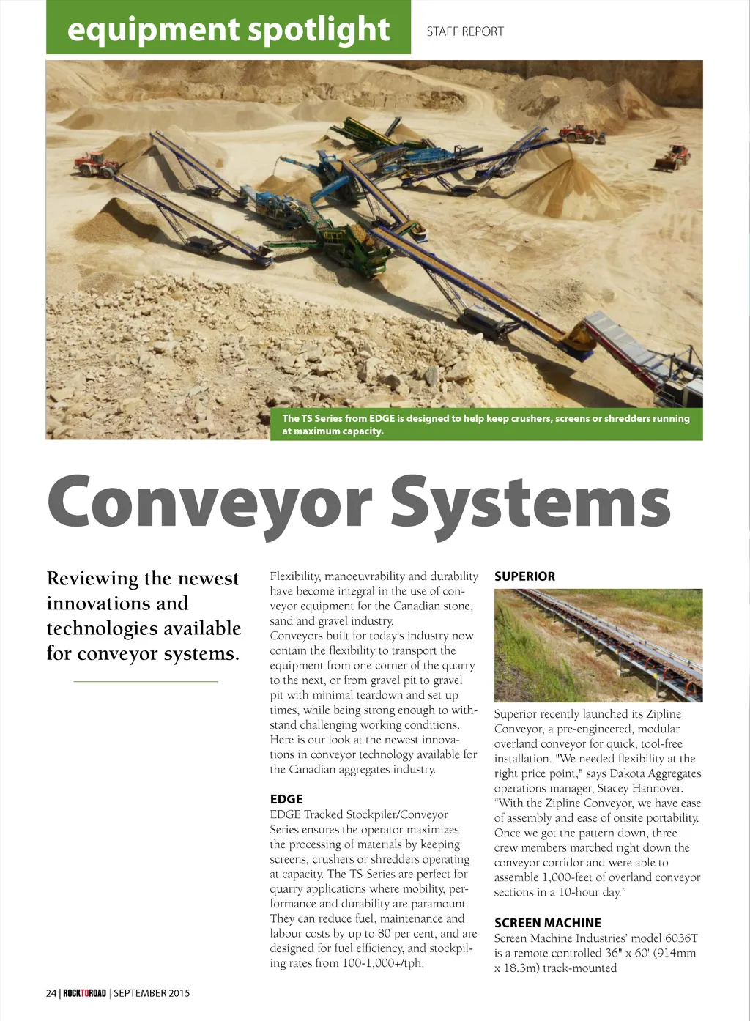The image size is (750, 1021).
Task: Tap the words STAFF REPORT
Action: (x=465, y=31)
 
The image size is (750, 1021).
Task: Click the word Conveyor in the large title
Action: (x=209, y=502)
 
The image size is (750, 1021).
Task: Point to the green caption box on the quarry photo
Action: (x=487, y=425)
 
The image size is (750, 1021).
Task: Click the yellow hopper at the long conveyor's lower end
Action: (x=579, y=339)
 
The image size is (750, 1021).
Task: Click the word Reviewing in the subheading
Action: (x=92, y=579)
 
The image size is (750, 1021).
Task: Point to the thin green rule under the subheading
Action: (x=146, y=682)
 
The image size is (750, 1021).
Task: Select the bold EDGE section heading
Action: (x=286, y=799)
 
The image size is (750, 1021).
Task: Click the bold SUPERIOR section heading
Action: (x=524, y=576)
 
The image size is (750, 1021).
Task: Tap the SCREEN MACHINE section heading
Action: (x=548, y=923)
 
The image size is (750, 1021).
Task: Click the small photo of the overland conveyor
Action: (x=598, y=645)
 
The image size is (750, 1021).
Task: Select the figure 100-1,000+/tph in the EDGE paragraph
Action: (x=382, y=963)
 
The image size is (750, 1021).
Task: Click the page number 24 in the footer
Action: (x=51, y=993)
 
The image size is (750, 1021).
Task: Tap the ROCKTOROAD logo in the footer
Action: (x=84, y=993)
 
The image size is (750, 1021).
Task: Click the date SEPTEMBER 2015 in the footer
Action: (x=152, y=993)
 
